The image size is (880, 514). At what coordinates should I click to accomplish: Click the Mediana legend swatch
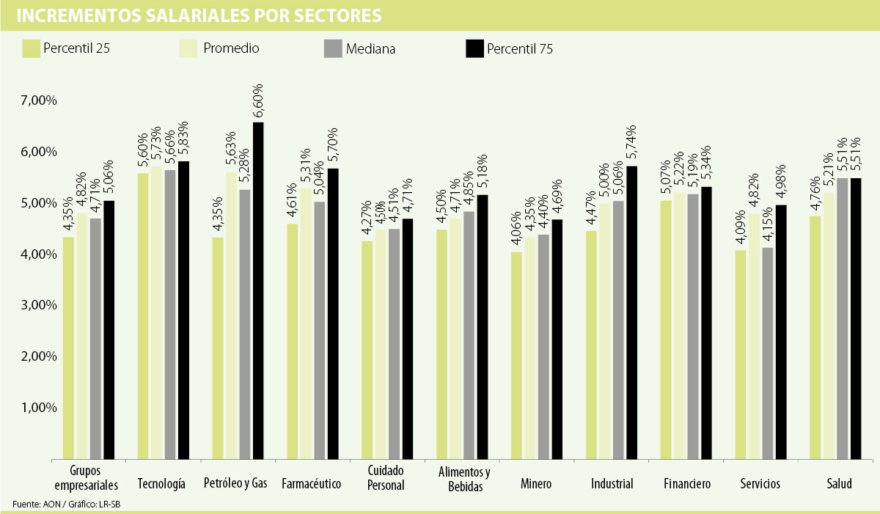point(332,48)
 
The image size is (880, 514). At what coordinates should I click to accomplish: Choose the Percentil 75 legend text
point(519,49)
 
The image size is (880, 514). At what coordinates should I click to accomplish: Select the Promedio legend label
point(231,48)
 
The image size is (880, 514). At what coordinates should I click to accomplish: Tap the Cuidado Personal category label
point(385,477)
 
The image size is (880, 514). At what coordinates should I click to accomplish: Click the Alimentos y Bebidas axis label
point(463,477)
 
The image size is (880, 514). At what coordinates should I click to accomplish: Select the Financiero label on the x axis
point(687,484)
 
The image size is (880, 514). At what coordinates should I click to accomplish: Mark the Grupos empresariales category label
point(87,477)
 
